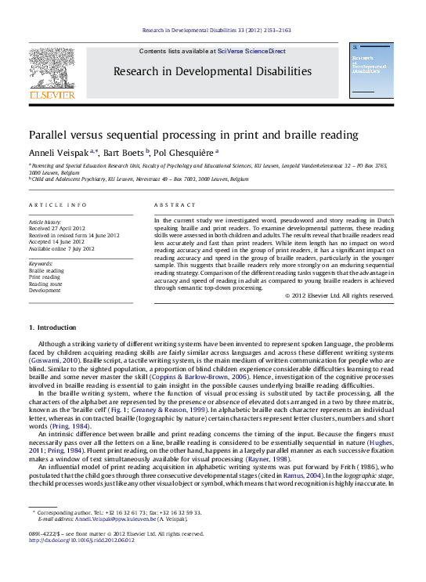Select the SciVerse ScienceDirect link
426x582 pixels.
(250, 51)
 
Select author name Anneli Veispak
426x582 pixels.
(53, 152)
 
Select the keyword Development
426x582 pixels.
(45, 289)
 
